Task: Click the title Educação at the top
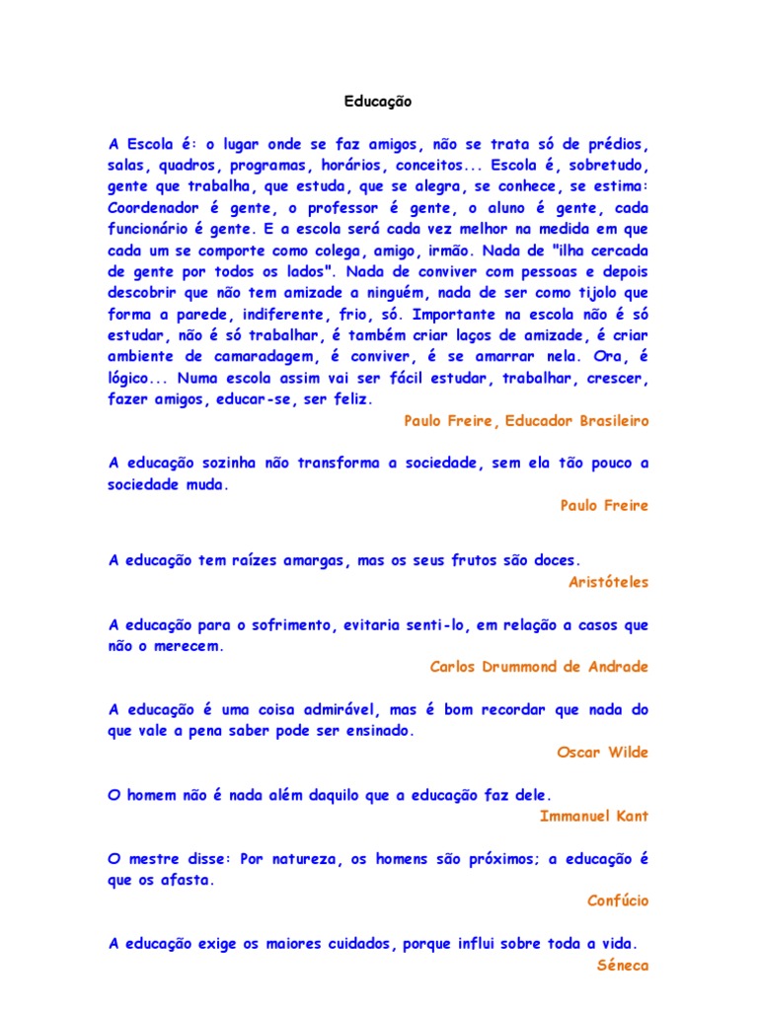(x=378, y=102)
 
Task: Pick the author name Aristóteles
(x=609, y=582)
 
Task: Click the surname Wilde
(x=628, y=753)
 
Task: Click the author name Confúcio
(x=618, y=901)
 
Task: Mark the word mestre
(x=152, y=859)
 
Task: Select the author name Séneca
(x=623, y=966)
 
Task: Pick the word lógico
(x=134, y=378)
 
